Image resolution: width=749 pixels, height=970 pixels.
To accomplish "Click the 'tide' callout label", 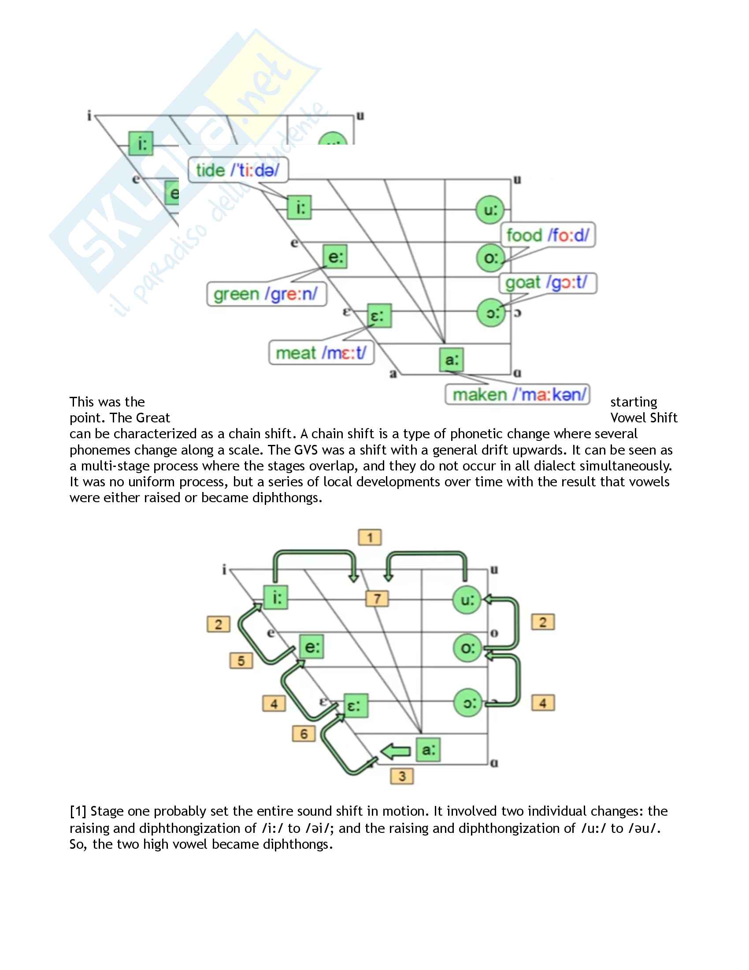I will tap(238, 170).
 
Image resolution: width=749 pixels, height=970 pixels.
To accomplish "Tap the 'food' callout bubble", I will tap(548, 235).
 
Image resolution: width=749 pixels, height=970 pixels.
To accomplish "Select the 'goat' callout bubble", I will tap(548, 283).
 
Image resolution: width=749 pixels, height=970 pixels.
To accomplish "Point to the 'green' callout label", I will tap(266, 294).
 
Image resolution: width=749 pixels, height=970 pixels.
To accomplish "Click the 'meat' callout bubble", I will tap(321, 353).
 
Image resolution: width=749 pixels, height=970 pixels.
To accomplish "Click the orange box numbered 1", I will tap(370, 537).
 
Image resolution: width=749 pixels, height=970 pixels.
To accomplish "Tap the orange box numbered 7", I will tap(377, 599).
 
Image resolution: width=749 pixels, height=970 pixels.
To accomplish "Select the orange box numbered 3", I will tap(402, 776).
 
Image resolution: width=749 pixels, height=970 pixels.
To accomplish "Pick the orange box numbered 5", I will tap(241, 660).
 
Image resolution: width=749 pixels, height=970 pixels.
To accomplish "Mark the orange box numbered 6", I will tap(304, 734).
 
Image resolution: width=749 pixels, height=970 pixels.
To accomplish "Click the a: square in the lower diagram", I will tap(428, 750).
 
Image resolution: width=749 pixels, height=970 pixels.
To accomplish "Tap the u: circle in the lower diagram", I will tap(467, 600).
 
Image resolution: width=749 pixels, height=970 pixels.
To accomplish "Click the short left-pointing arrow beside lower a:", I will tap(396, 751).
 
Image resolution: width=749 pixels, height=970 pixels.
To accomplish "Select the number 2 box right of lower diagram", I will tap(543, 622).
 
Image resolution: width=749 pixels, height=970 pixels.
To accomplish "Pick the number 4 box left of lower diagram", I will tap(274, 704).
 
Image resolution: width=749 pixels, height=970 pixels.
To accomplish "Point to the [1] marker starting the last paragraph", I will tap(78, 811).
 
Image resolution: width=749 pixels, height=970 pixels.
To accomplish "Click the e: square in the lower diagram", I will tap(312, 647).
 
